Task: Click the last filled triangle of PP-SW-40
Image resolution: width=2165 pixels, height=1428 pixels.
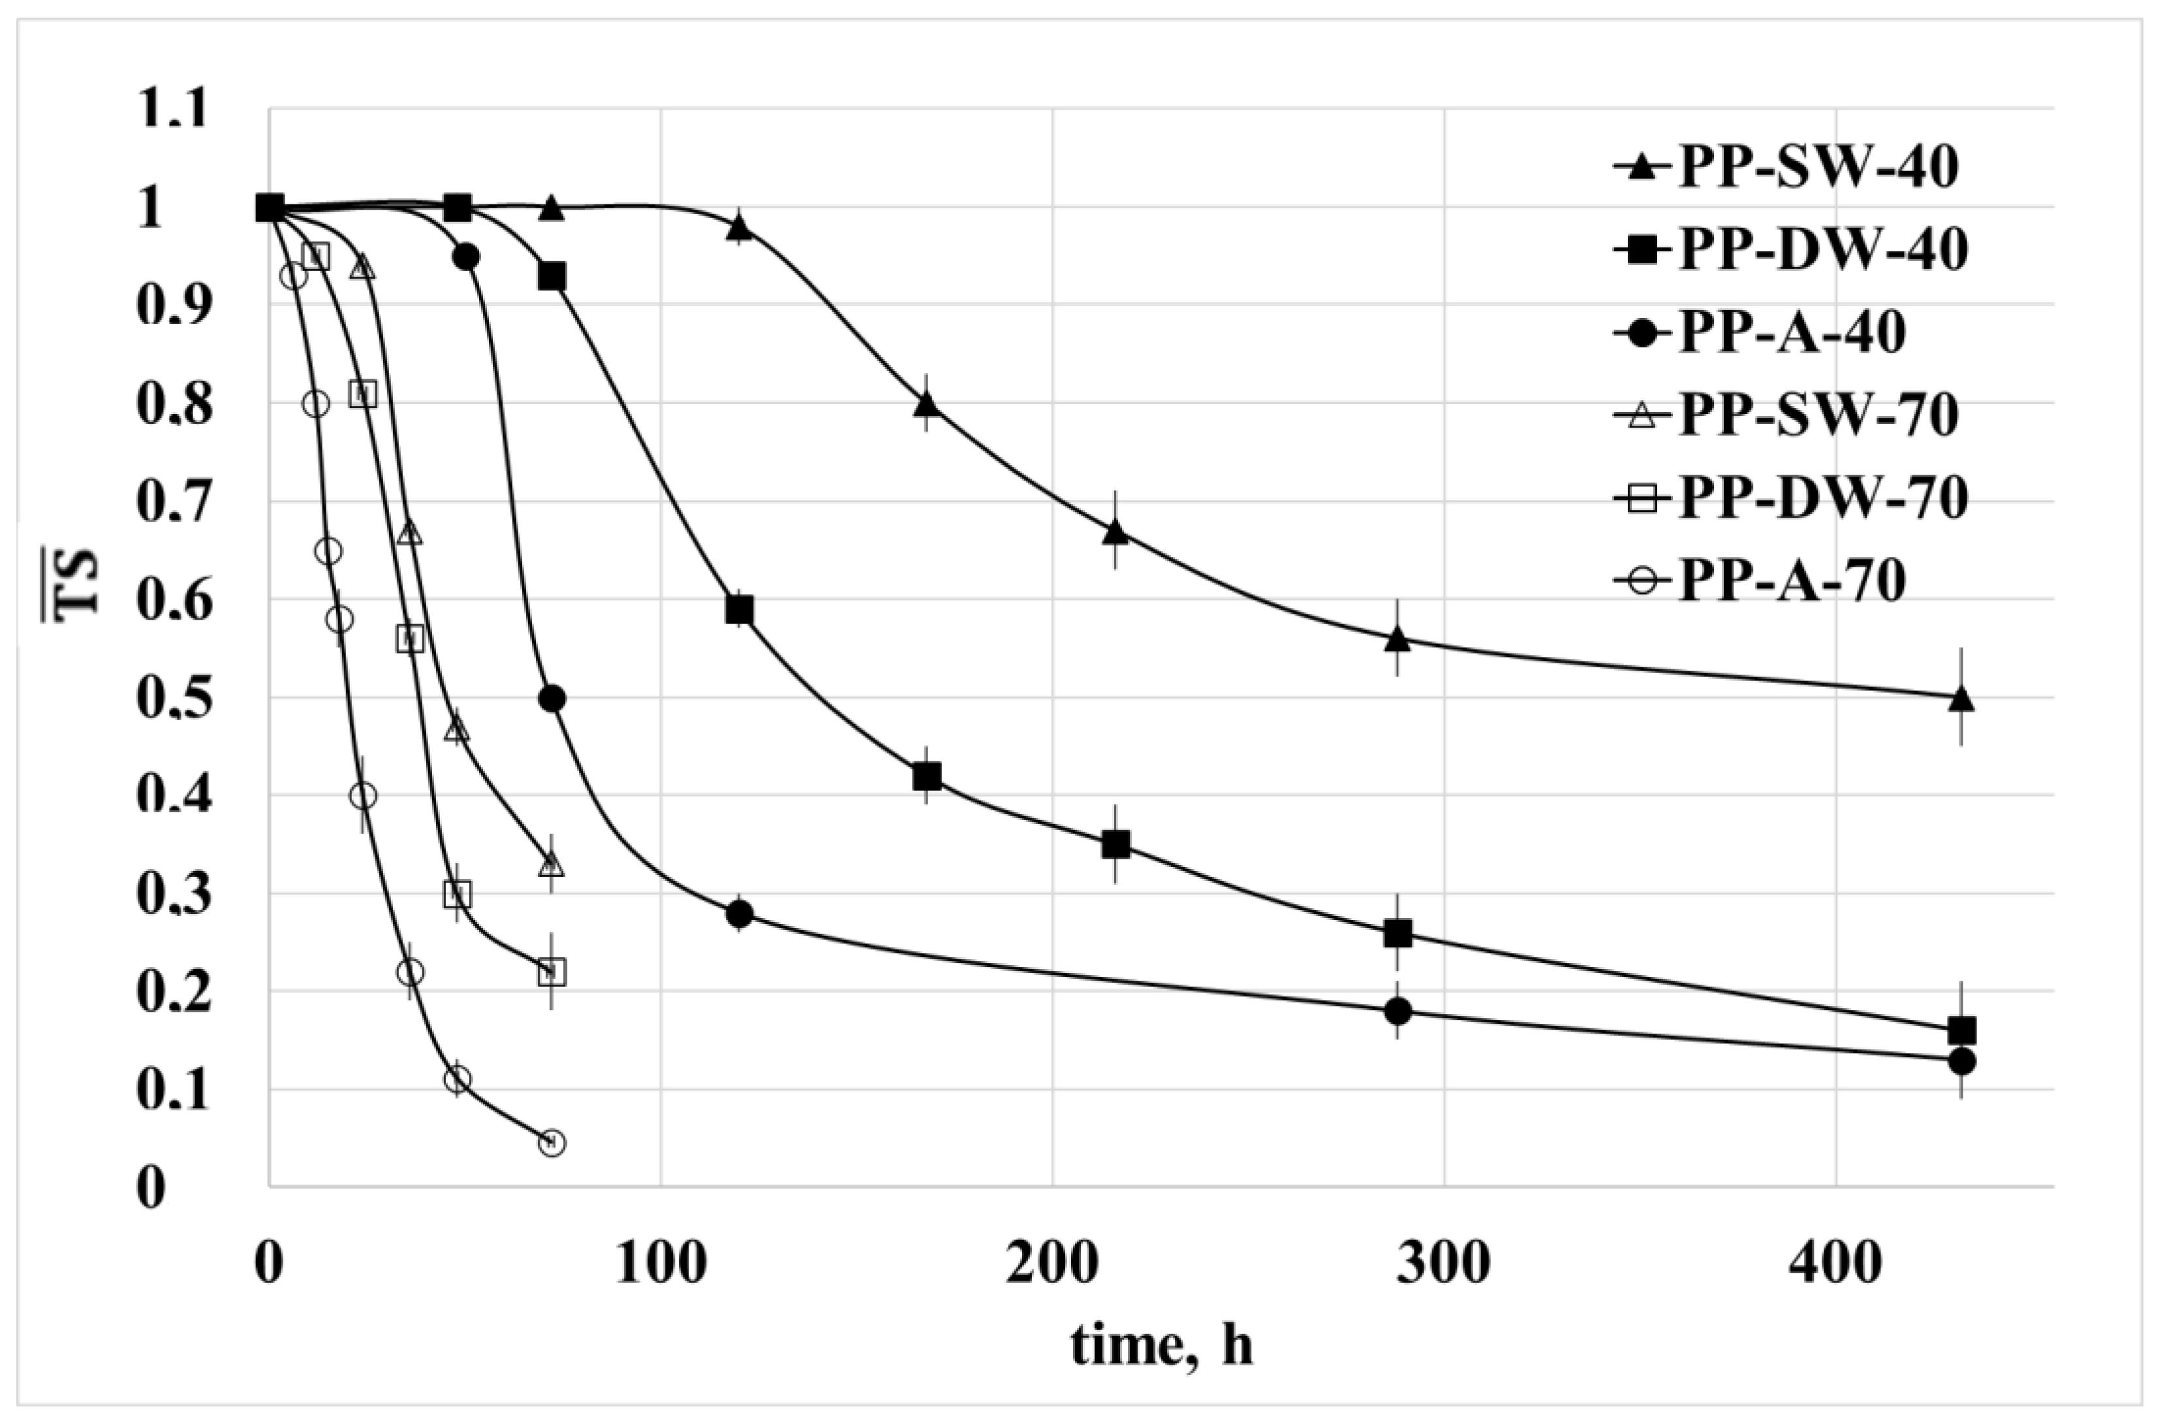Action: click(x=1962, y=699)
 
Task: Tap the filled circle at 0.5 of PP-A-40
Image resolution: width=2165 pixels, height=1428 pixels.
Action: click(x=552, y=699)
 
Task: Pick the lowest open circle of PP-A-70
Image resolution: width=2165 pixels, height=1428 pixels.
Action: click(x=552, y=1143)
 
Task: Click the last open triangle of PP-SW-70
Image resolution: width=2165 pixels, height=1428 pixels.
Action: click(x=552, y=865)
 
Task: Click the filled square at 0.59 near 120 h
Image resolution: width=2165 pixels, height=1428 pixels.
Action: click(x=740, y=610)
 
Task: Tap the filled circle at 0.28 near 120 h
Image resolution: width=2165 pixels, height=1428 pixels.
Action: click(x=740, y=913)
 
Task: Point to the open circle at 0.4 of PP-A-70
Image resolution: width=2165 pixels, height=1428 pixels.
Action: click(x=362, y=796)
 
